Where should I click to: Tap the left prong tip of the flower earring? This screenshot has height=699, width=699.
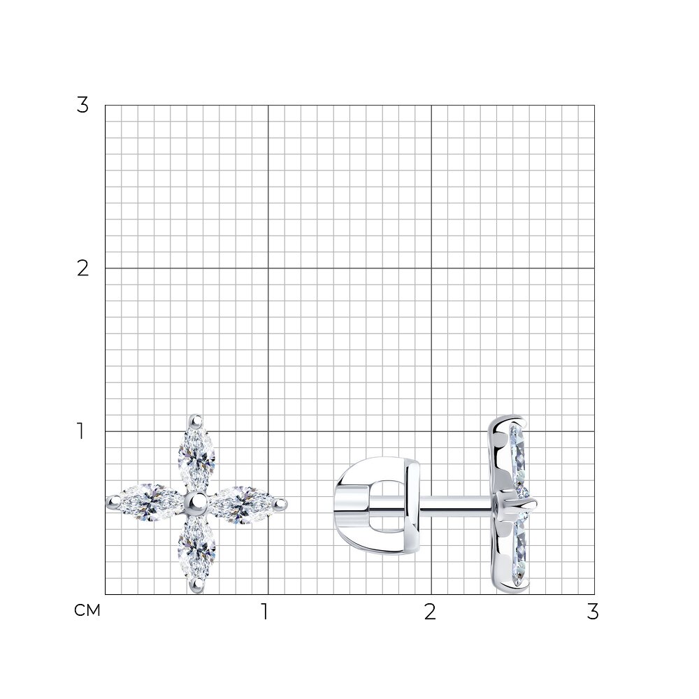pos(112,503)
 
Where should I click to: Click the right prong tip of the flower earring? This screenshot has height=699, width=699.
pos(281,504)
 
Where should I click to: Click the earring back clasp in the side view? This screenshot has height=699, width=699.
pos(377,506)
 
